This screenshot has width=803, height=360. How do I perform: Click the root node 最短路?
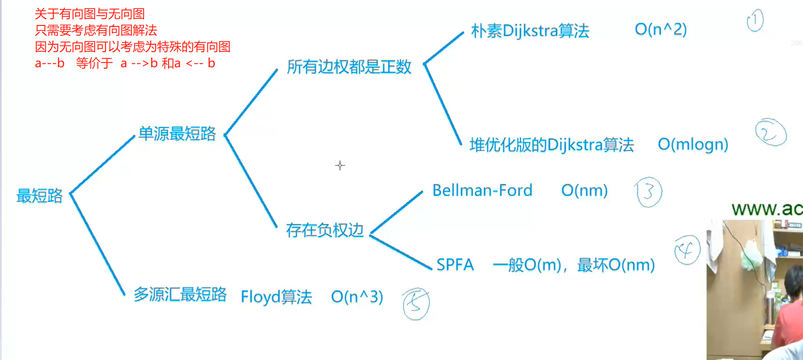40,196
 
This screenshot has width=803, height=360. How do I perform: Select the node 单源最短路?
177,134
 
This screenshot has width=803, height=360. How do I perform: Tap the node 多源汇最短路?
180,295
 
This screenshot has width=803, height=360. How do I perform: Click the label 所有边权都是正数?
349,67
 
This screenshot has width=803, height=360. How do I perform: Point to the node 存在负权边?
325,230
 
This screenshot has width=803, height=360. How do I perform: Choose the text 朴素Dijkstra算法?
530,31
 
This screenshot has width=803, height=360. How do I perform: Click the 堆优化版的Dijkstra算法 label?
552,145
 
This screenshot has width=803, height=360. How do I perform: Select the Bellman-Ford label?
482,191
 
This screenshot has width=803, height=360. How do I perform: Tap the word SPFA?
455,265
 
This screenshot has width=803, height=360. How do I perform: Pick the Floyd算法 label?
276,297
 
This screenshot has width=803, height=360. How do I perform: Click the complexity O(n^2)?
660,30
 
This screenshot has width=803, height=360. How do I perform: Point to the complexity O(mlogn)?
693,144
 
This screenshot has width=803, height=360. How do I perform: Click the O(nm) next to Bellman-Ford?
584,191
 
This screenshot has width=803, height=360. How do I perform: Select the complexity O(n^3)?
357,297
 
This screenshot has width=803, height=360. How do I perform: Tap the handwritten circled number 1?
755,20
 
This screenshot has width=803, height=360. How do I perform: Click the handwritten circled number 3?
649,192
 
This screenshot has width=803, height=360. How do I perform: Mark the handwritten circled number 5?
416,304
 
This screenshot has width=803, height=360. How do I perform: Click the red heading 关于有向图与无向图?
89,14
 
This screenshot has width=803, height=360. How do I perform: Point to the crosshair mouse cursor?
340,165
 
